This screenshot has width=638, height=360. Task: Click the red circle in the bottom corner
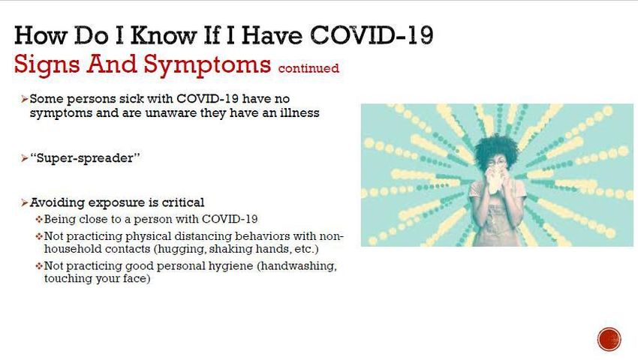[609, 339]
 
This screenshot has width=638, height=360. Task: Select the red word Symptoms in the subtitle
[207, 65]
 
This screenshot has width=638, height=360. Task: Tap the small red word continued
[308, 68]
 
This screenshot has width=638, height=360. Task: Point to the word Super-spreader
[85, 157]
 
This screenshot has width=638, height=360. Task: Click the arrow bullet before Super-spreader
[25, 158]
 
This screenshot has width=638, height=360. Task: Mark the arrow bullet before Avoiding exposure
[25, 202]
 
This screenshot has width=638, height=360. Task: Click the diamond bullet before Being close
[39, 220]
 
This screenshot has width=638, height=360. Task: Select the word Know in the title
[163, 35]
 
